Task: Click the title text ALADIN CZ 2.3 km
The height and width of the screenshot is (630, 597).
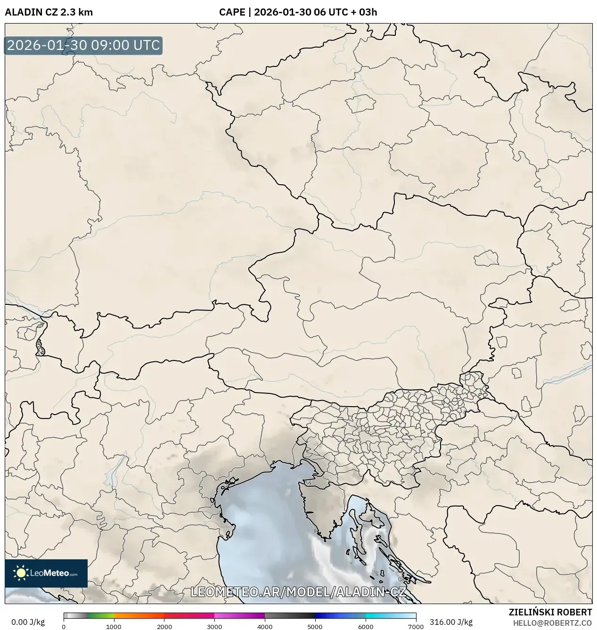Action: (x=49, y=12)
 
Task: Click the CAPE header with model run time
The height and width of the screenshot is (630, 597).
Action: (x=298, y=12)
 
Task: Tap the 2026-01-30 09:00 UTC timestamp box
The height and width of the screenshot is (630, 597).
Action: (x=83, y=46)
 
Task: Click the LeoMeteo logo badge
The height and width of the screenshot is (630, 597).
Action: (x=46, y=573)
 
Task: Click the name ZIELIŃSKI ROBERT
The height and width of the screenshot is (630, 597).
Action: (x=550, y=612)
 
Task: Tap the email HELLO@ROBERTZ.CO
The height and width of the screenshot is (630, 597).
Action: (x=552, y=622)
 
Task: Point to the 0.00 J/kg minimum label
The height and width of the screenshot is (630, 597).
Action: (x=28, y=622)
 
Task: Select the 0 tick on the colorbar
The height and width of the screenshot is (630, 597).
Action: (x=64, y=627)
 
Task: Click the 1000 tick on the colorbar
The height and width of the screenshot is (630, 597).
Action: (x=114, y=627)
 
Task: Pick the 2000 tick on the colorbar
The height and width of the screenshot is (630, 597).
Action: (x=164, y=627)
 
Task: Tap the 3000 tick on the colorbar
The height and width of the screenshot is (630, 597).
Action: (x=214, y=627)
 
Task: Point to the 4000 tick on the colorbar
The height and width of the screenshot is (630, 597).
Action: (x=265, y=627)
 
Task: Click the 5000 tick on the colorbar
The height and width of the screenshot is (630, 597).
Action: (x=315, y=627)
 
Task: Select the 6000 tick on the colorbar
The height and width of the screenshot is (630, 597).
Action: (x=366, y=627)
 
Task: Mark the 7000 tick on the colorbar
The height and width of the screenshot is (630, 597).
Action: (x=416, y=627)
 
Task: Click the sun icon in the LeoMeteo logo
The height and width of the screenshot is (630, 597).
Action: (x=21, y=573)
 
